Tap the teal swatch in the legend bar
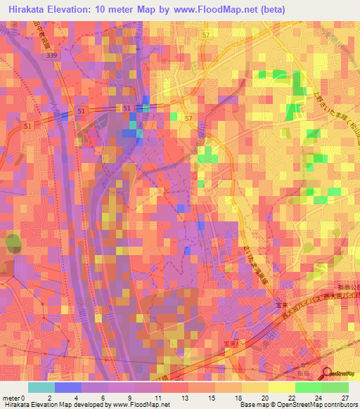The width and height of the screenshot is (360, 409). pyautogui.click(x=41, y=387)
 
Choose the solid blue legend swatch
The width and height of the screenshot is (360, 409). pyautogui.click(x=68, y=387)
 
